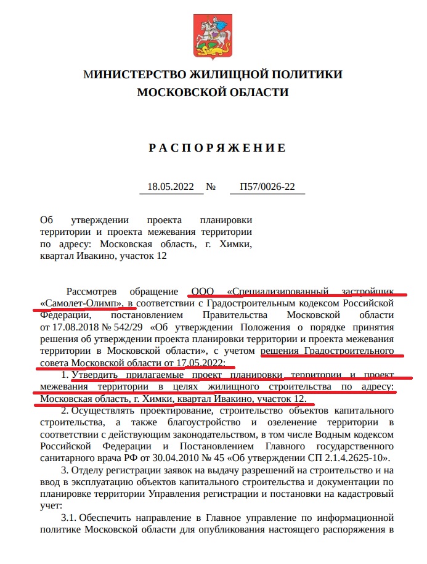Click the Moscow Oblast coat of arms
(213, 31)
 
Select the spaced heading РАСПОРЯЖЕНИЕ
(218, 148)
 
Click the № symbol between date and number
(211, 187)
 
